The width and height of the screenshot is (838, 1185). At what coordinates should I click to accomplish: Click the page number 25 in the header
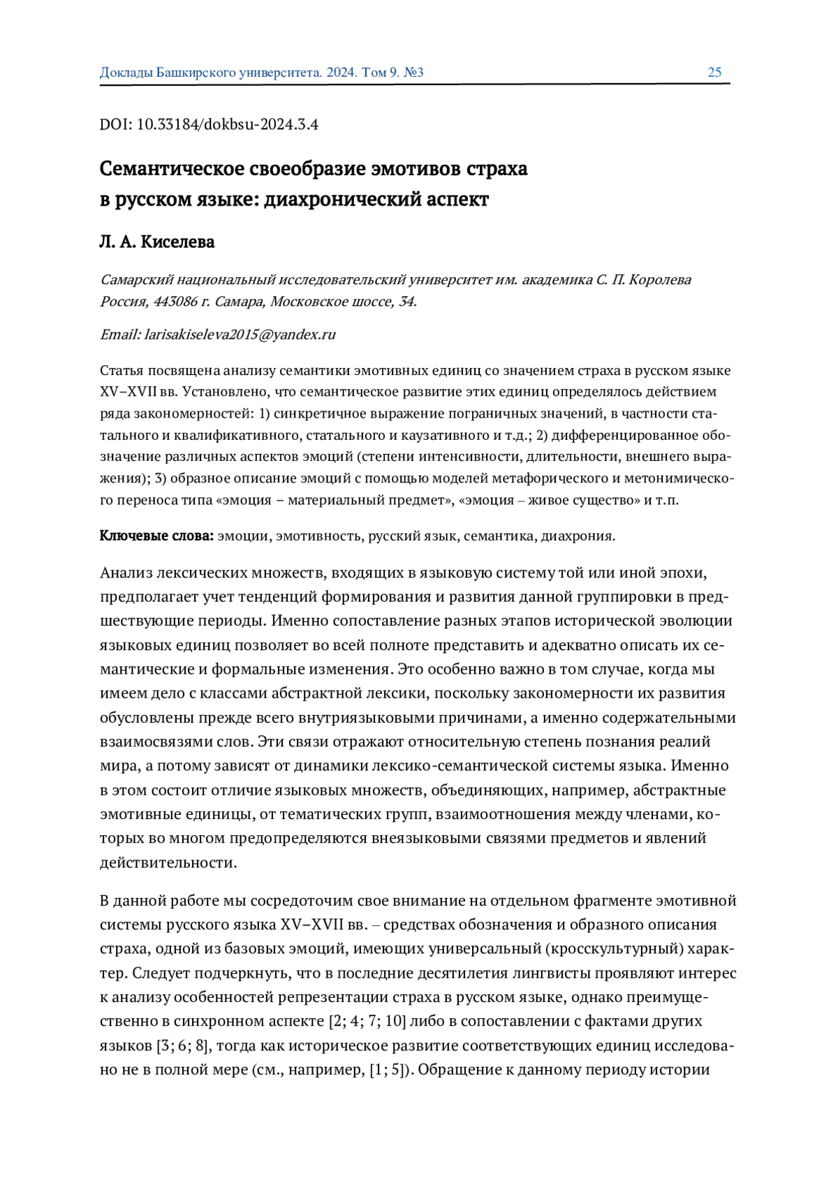click(x=714, y=73)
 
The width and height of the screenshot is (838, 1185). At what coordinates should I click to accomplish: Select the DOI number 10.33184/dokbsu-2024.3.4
click(x=228, y=125)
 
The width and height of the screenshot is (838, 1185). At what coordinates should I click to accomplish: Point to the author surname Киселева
click(x=177, y=242)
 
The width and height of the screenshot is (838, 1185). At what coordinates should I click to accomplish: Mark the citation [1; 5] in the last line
click(x=390, y=1070)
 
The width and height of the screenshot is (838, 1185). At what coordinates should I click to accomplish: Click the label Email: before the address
click(x=120, y=334)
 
